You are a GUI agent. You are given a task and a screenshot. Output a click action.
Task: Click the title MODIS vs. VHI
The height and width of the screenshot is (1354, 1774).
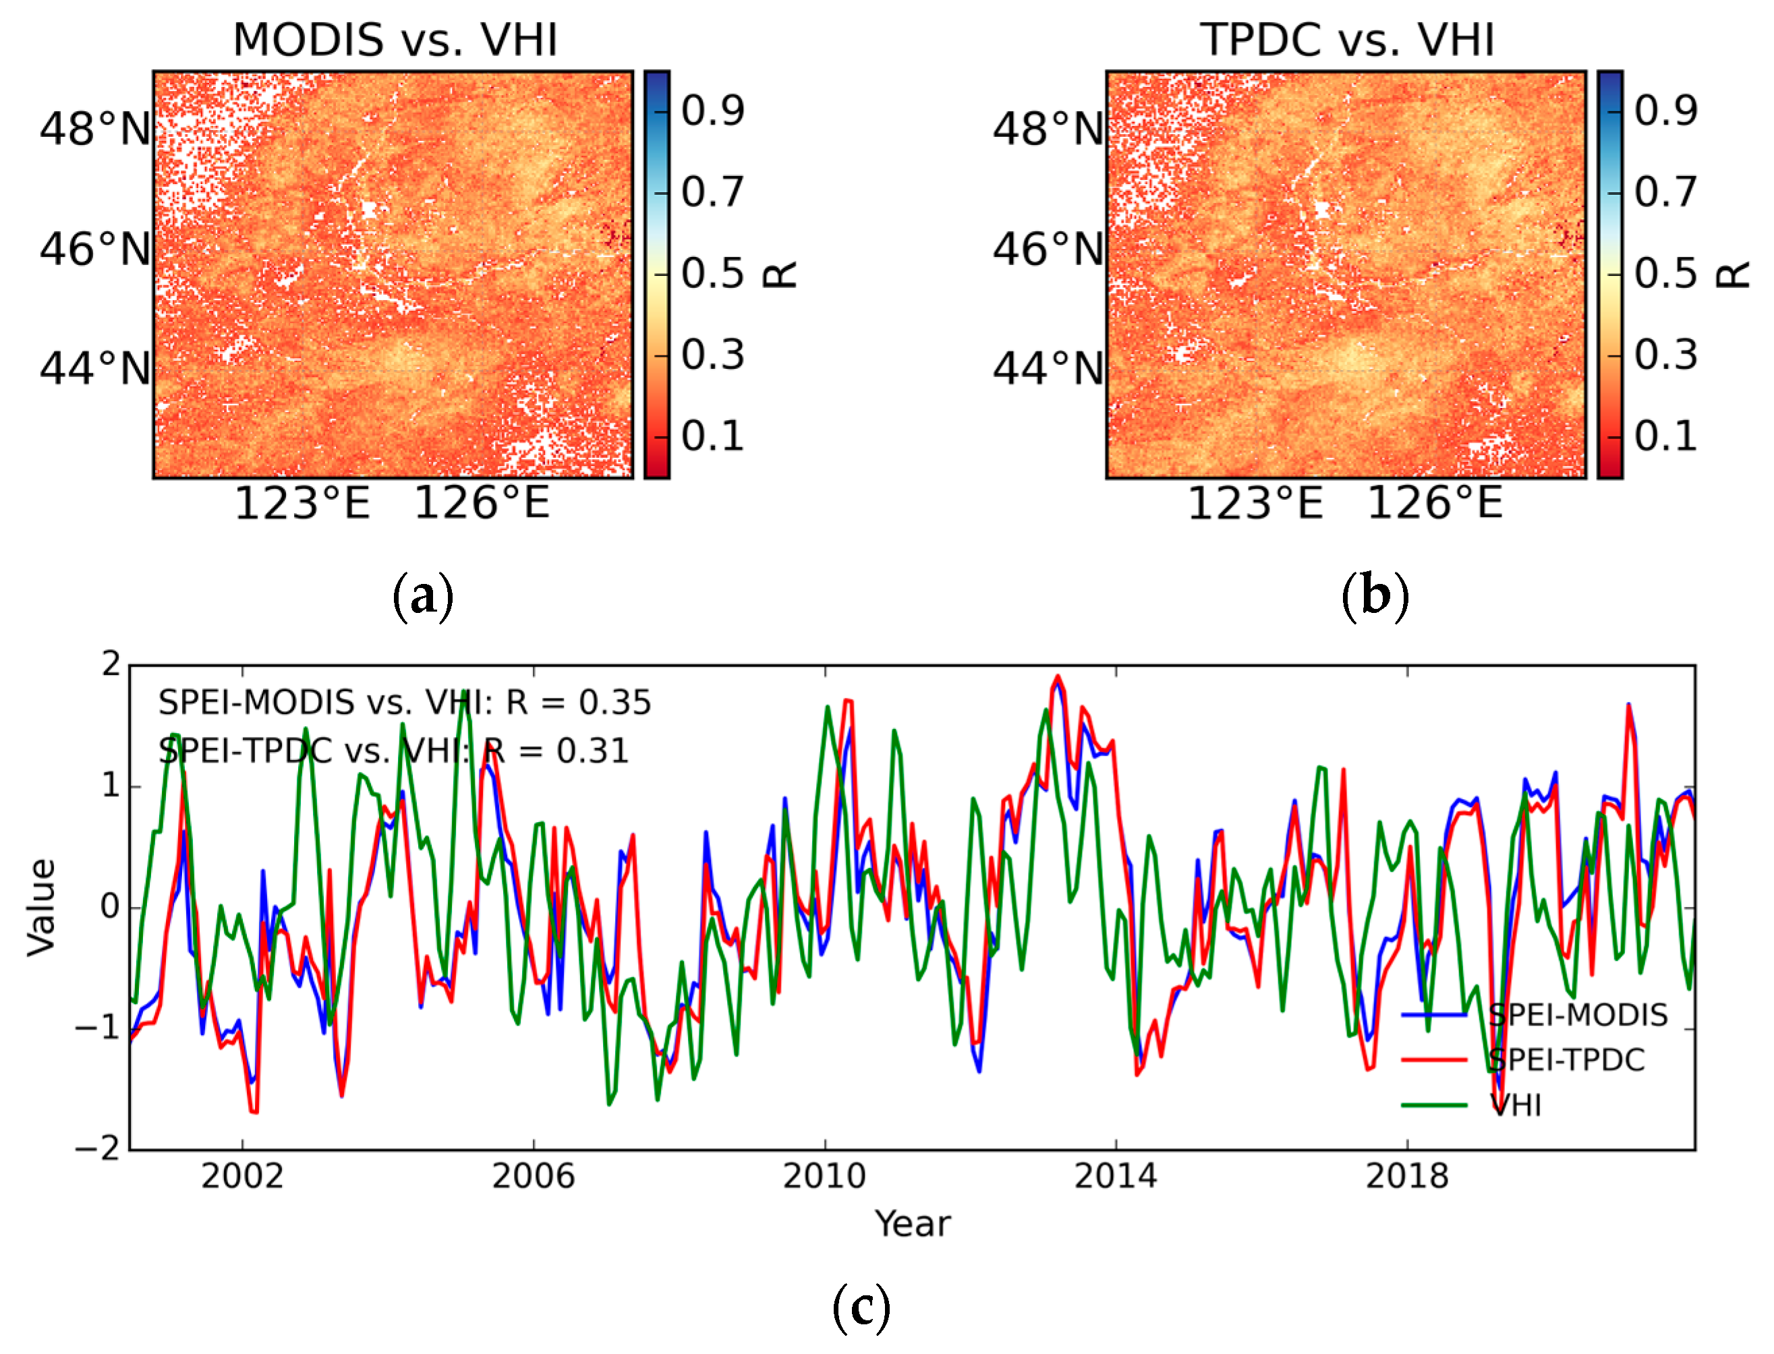pos(395,40)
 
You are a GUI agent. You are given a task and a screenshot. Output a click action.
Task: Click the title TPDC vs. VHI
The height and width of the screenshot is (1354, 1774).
pos(1346,40)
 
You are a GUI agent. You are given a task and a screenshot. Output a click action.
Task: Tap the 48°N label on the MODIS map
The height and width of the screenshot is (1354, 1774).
pos(95,129)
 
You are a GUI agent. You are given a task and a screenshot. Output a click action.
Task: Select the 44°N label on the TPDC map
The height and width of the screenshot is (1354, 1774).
pos(1047,368)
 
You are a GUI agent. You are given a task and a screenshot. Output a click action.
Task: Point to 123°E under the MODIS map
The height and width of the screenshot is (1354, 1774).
pos(302,504)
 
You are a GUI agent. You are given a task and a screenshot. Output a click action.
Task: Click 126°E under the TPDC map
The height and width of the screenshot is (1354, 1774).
pos(1434,504)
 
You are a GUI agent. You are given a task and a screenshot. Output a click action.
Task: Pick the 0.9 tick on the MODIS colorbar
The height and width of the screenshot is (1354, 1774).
pos(712,111)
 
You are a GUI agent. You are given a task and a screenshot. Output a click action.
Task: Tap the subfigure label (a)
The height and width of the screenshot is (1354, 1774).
pos(422,596)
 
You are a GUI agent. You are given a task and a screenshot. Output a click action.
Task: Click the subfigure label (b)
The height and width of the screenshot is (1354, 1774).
pos(1375,596)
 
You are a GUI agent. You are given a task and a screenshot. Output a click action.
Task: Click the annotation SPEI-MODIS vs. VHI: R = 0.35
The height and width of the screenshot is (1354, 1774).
pos(404,703)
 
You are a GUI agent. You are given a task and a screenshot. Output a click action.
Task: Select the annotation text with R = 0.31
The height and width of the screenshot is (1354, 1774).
pos(393,751)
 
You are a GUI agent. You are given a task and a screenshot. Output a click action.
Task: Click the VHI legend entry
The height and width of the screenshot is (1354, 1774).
pos(1514,1105)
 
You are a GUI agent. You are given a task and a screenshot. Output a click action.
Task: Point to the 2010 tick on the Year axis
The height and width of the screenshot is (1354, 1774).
pos(824,1177)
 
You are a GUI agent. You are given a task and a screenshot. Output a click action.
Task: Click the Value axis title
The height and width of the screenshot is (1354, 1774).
pos(42,908)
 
